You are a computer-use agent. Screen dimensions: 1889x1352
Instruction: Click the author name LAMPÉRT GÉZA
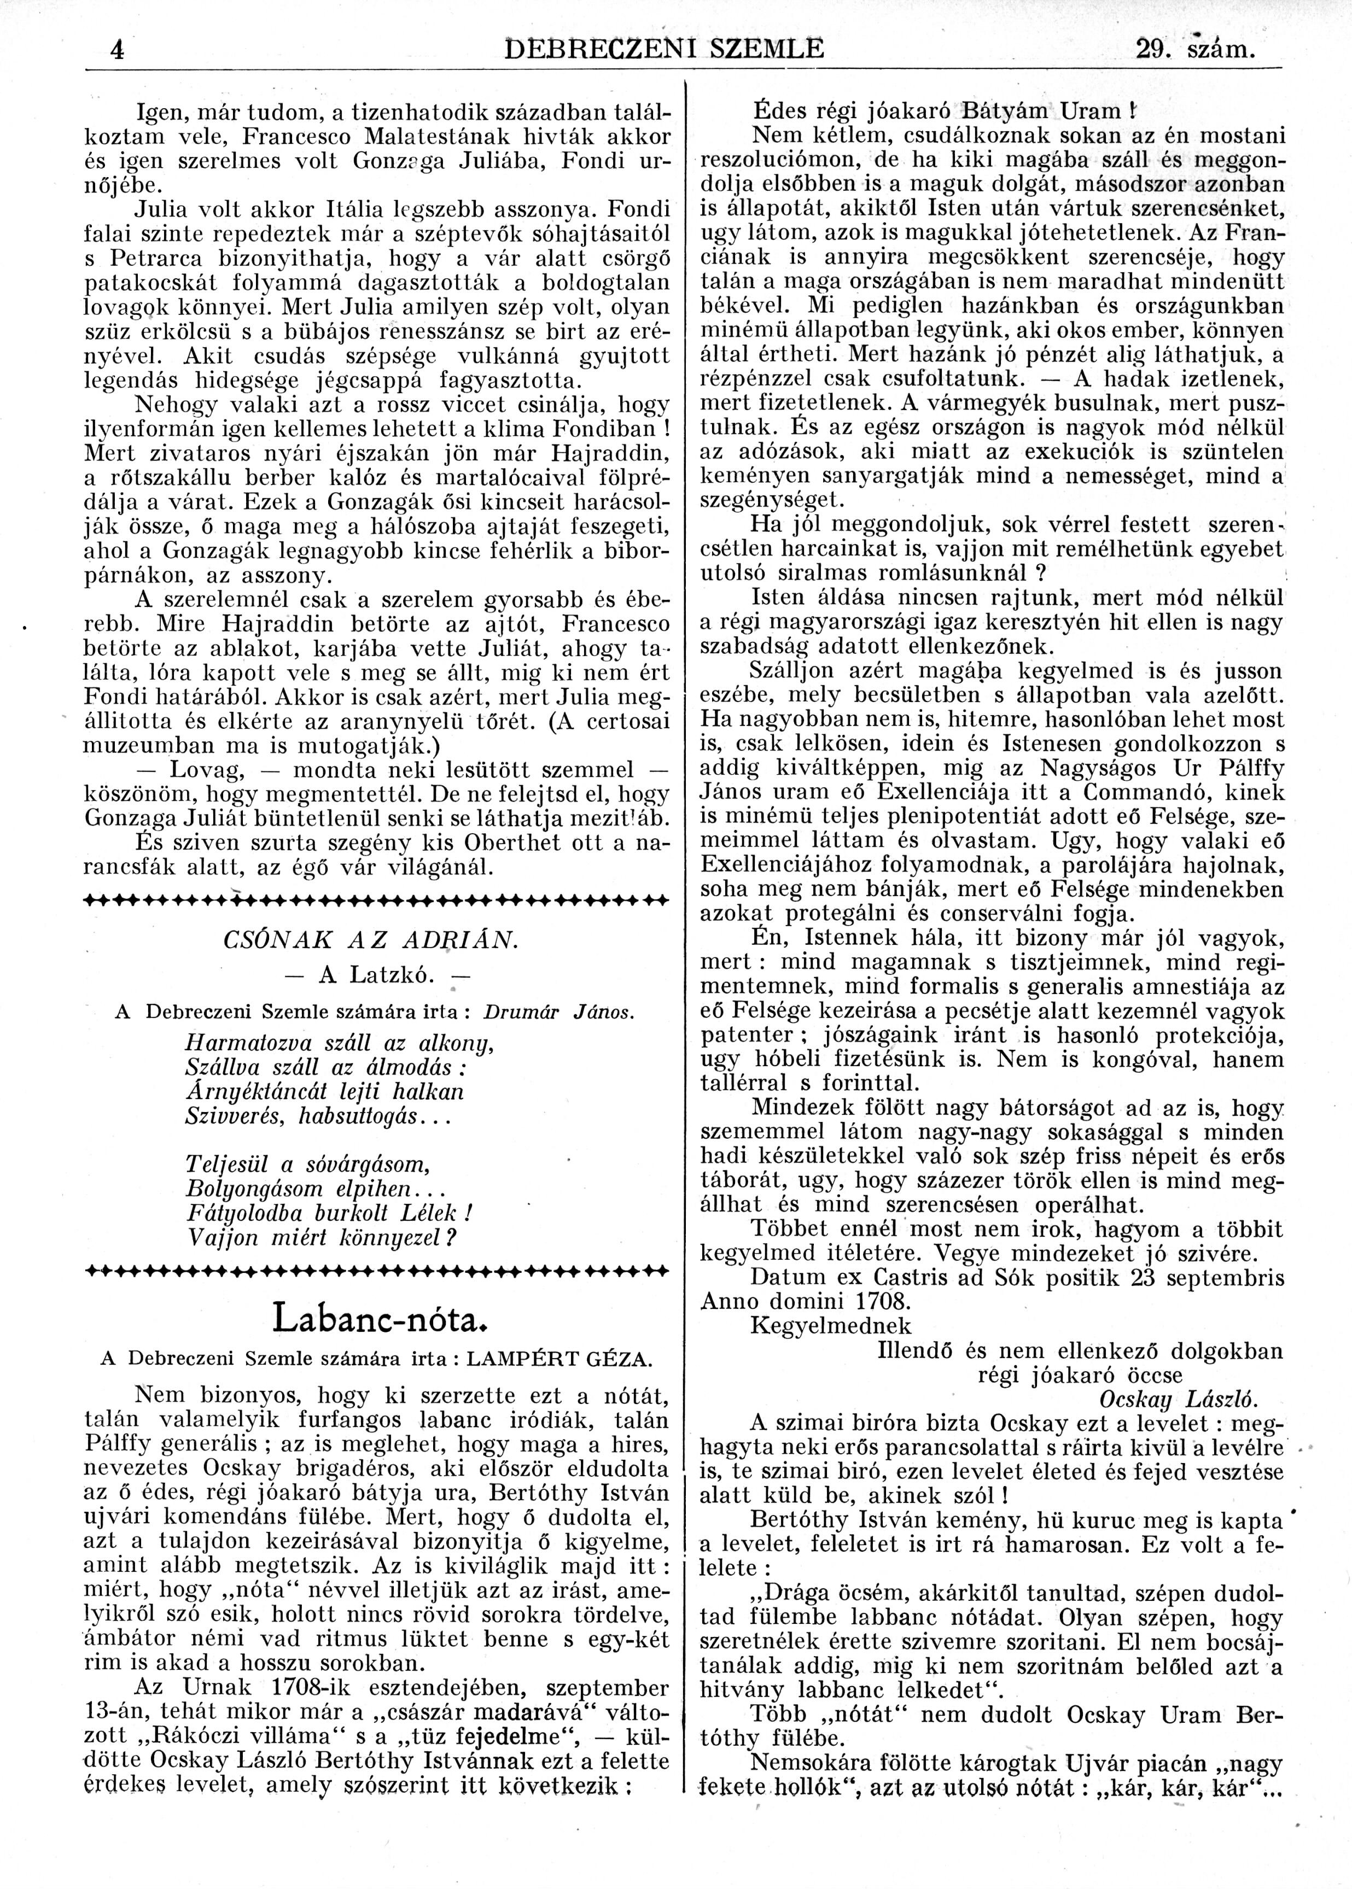coord(560,1359)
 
